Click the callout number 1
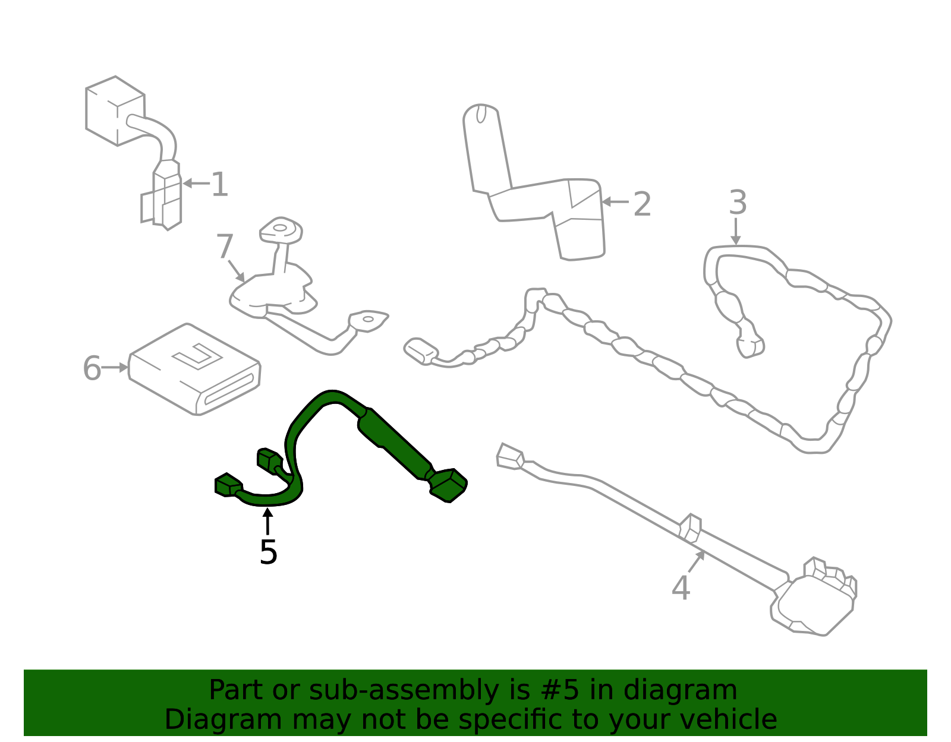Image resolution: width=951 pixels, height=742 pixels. click(x=220, y=184)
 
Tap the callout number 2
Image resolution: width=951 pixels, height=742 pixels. click(x=642, y=204)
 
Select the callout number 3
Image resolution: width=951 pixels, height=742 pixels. click(x=738, y=203)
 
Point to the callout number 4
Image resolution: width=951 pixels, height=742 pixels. click(x=681, y=588)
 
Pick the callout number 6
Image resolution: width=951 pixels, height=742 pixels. click(x=92, y=368)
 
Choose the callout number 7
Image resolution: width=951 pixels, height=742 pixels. click(x=225, y=247)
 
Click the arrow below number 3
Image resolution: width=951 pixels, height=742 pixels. click(x=736, y=231)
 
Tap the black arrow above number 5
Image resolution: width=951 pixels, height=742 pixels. click(x=267, y=521)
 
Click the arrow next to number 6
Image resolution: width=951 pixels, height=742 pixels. click(x=115, y=367)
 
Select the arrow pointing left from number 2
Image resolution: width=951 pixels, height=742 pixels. click(x=615, y=202)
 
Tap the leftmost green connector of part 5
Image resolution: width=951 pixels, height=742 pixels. click(x=228, y=485)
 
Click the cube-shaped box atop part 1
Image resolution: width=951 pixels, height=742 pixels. click(x=115, y=111)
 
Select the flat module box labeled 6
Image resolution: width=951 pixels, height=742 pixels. click(x=194, y=369)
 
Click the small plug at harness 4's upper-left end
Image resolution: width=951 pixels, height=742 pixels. click(x=511, y=456)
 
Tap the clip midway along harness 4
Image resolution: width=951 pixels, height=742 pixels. click(x=690, y=528)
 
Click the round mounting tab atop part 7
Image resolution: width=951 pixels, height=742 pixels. click(x=281, y=229)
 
